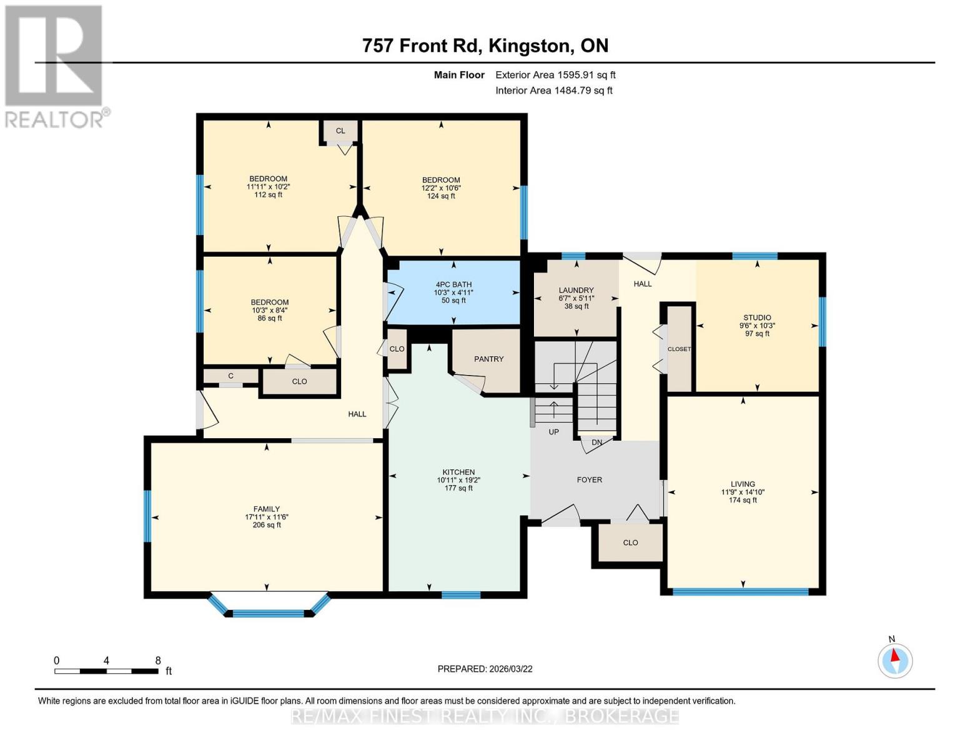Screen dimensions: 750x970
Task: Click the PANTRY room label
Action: (488, 359)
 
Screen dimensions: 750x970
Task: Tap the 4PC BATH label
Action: (453, 285)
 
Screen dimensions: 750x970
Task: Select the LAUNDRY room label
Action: (576, 291)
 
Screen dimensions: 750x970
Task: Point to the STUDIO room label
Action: (757, 318)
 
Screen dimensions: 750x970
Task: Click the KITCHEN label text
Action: (458, 472)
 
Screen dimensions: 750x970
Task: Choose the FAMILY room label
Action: (267, 509)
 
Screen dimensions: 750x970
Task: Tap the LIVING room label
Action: (743, 484)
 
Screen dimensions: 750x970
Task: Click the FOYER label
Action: (589, 480)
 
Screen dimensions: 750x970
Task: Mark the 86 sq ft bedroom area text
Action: (270, 318)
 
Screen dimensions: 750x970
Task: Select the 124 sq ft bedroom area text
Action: (441, 196)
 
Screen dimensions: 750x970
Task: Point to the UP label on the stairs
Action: (553, 432)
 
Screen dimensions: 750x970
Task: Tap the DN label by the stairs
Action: (596, 442)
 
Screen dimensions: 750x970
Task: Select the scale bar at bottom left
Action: (106, 671)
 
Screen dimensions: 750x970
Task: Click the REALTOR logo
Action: (54, 66)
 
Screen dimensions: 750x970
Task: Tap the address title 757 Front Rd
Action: (485, 46)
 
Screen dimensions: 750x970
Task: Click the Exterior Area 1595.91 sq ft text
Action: (555, 75)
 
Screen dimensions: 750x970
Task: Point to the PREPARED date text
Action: (485, 669)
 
